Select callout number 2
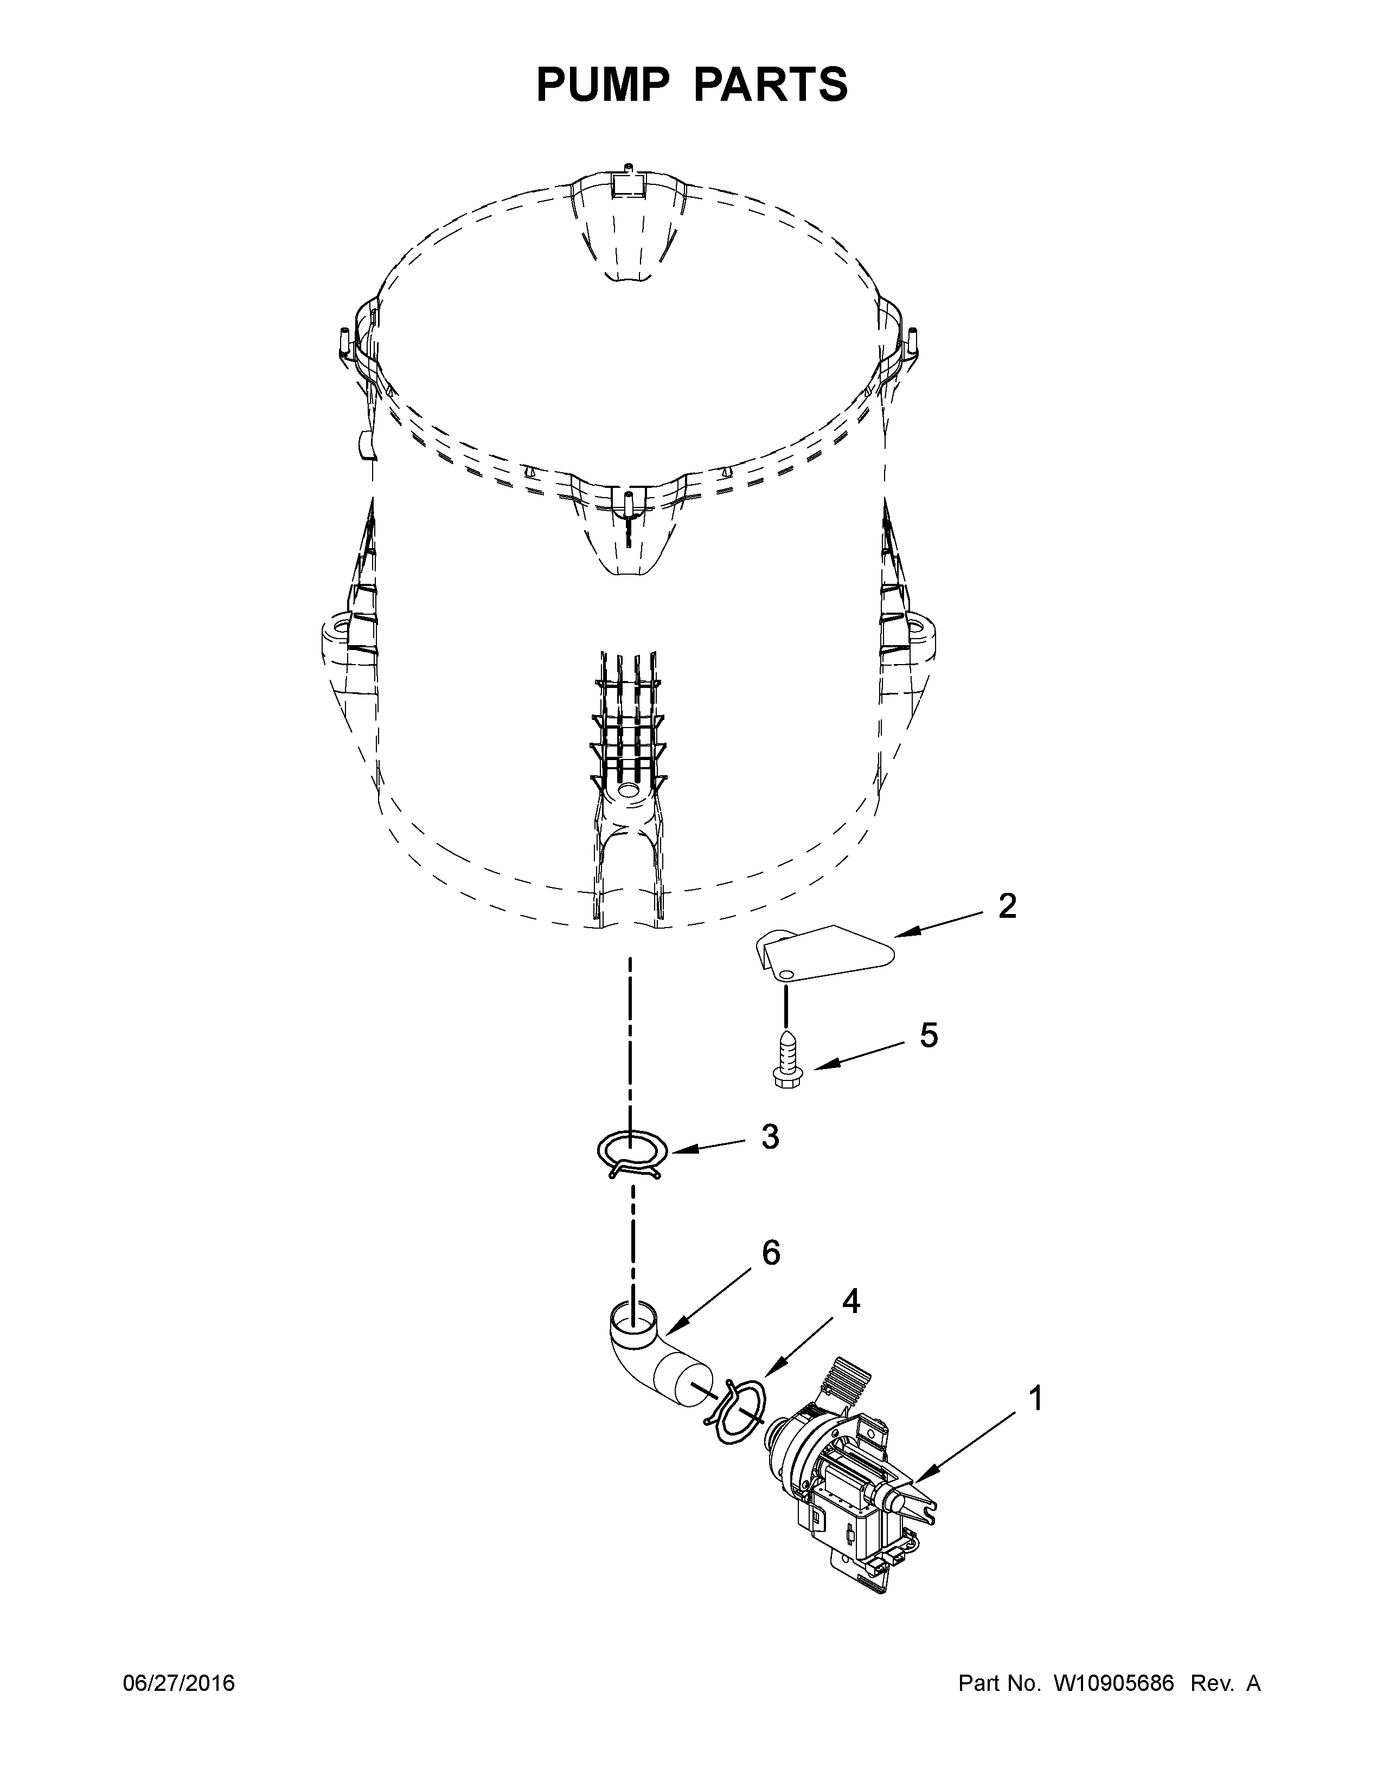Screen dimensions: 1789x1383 pyautogui.click(x=1007, y=906)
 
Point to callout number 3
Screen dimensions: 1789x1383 pyautogui.click(x=770, y=1136)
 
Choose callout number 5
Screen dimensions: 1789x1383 pyautogui.click(x=929, y=1035)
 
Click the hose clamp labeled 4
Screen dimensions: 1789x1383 pyautogui.click(x=738, y=1412)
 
